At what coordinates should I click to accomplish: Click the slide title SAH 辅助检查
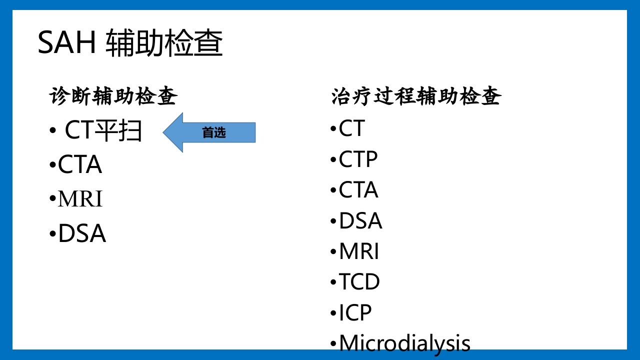(130, 43)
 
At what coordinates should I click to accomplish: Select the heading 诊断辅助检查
(113, 96)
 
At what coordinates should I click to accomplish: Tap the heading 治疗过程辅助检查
(416, 96)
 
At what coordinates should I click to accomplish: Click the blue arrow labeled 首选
(209, 132)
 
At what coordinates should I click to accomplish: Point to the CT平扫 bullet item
(103, 130)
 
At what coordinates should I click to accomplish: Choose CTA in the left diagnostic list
(80, 165)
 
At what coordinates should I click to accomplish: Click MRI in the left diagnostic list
(80, 199)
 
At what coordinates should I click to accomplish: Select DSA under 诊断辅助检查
(82, 233)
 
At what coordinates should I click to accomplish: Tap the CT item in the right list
(352, 128)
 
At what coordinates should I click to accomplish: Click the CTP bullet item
(358, 159)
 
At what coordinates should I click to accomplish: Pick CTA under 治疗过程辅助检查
(358, 190)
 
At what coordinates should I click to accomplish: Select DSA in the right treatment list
(360, 221)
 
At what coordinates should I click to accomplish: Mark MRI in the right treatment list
(359, 251)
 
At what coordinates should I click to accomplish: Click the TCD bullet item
(359, 282)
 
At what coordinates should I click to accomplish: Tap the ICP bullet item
(355, 313)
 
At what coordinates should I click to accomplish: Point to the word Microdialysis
(404, 343)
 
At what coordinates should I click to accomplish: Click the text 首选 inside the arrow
(214, 132)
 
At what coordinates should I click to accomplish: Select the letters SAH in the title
(66, 43)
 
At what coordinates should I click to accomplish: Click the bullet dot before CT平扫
(52, 131)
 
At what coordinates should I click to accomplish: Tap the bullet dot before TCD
(333, 282)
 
